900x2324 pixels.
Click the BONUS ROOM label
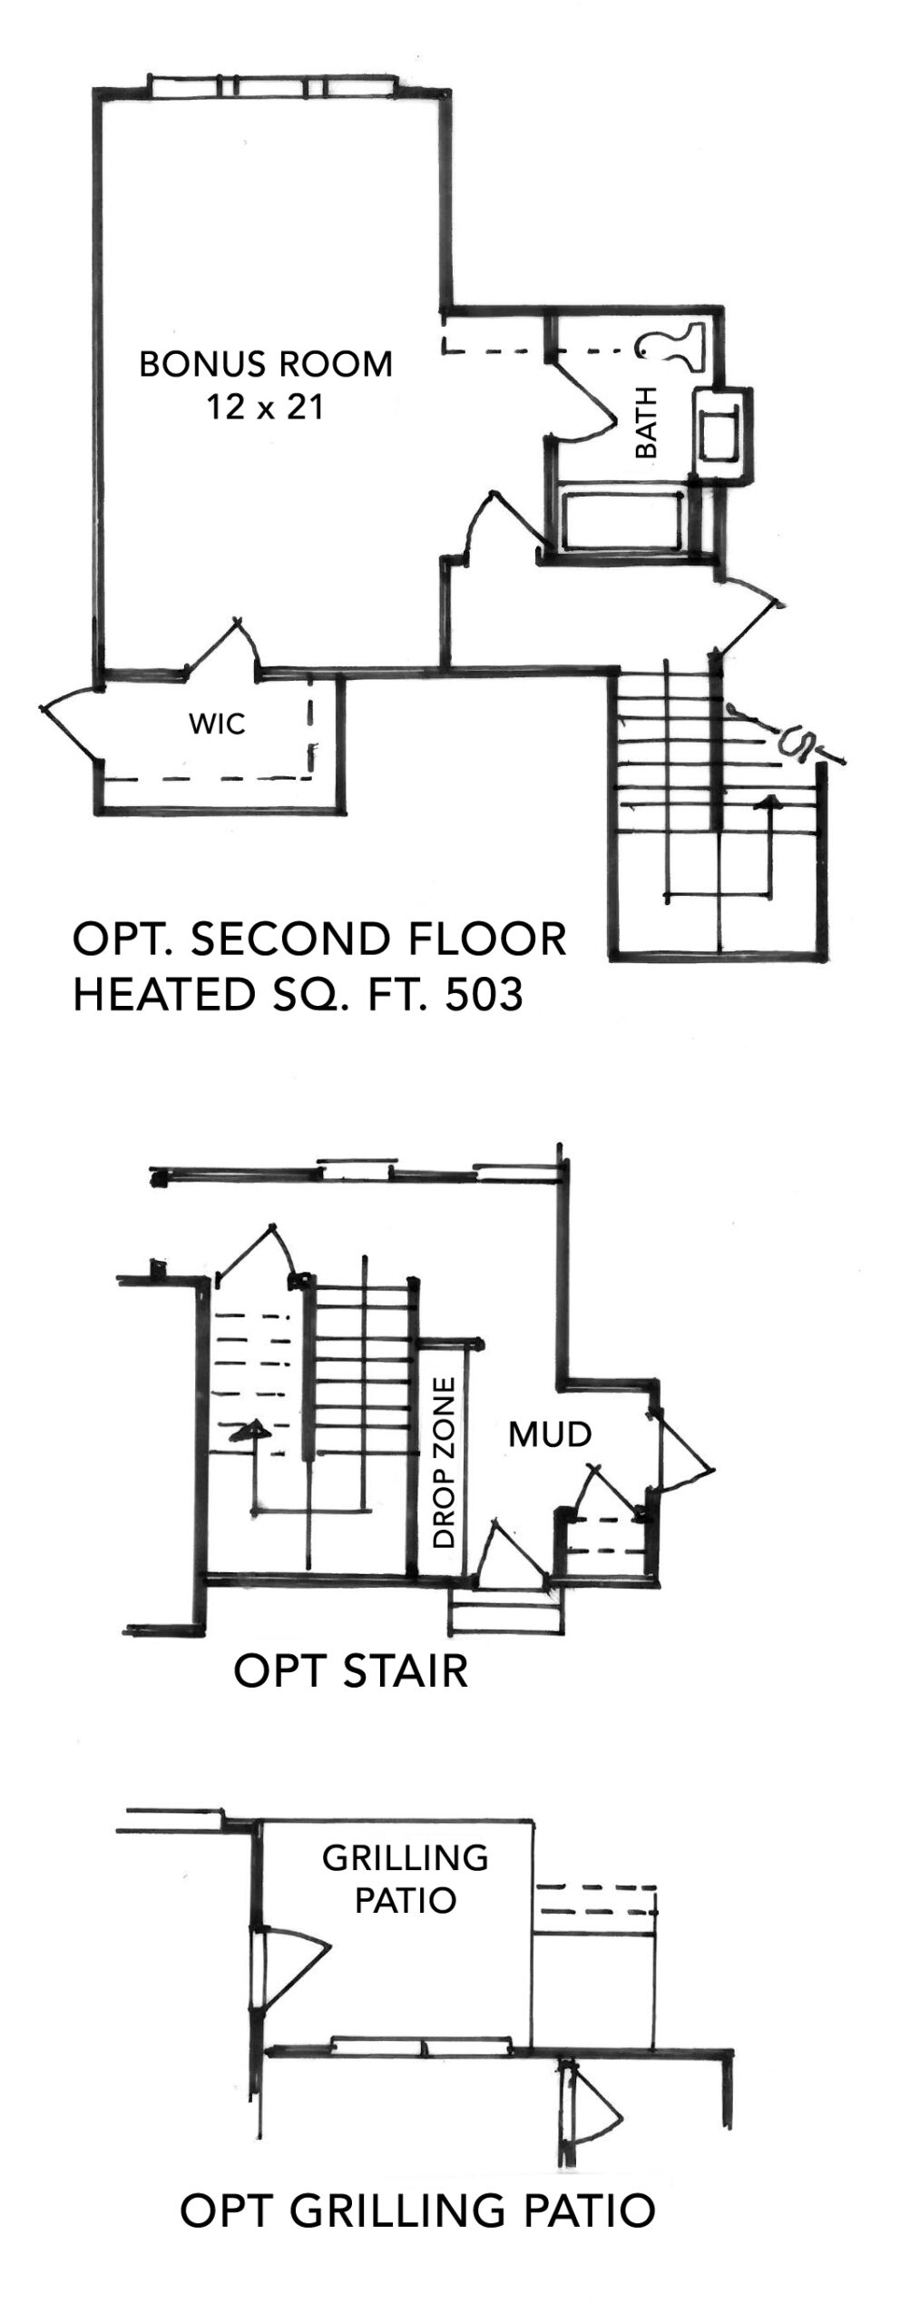point(266,364)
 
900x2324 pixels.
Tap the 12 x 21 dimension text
point(265,408)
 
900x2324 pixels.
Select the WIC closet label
point(217,724)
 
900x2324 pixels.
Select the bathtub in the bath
point(623,521)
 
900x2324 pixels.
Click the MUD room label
point(550,1434)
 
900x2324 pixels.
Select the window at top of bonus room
point(272,88)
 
